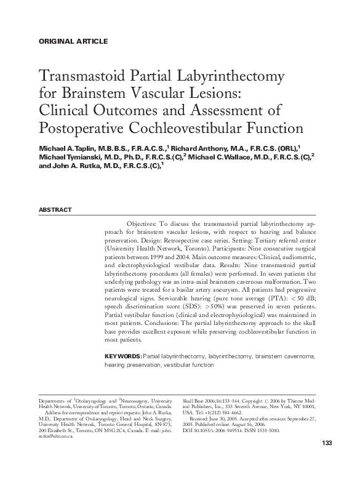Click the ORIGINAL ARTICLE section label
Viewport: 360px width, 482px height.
pos(73,41)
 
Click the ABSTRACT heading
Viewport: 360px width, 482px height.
pos(55,210)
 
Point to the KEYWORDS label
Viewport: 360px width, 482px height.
pos(123,356)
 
